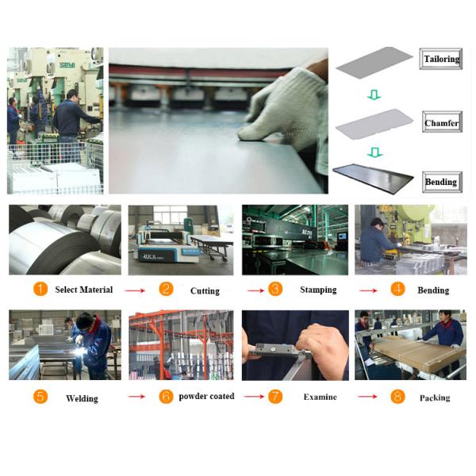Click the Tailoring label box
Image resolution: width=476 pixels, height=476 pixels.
click(440, 59)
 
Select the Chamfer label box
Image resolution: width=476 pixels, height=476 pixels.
click(442, 121)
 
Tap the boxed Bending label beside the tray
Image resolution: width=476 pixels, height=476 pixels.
click(442, 182)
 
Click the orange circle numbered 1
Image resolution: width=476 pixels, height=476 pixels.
click(40, 289)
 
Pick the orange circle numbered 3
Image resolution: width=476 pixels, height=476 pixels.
click(275, 289)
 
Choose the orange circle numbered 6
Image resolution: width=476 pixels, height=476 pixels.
click(166, 397)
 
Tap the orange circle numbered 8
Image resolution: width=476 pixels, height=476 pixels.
click(397, 397)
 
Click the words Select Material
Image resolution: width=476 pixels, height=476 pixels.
click(84, 290)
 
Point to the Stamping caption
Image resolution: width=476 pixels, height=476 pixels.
click(318, 290)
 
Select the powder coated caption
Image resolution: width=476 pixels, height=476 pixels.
click(206, 397)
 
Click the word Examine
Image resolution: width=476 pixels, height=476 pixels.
click(320, 397)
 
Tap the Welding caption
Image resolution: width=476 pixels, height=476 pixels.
click(82, 398)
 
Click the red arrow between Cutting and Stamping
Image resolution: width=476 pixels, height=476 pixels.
click(255, 290)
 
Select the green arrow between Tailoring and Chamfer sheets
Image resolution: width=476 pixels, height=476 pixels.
click(374, 94)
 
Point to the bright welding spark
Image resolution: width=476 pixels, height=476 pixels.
click(79, 351)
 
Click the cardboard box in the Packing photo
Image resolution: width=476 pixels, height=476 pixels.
click(418, 352)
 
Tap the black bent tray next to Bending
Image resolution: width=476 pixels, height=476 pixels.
click(373, 178)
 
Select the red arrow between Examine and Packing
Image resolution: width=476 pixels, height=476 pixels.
click(367, 397)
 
